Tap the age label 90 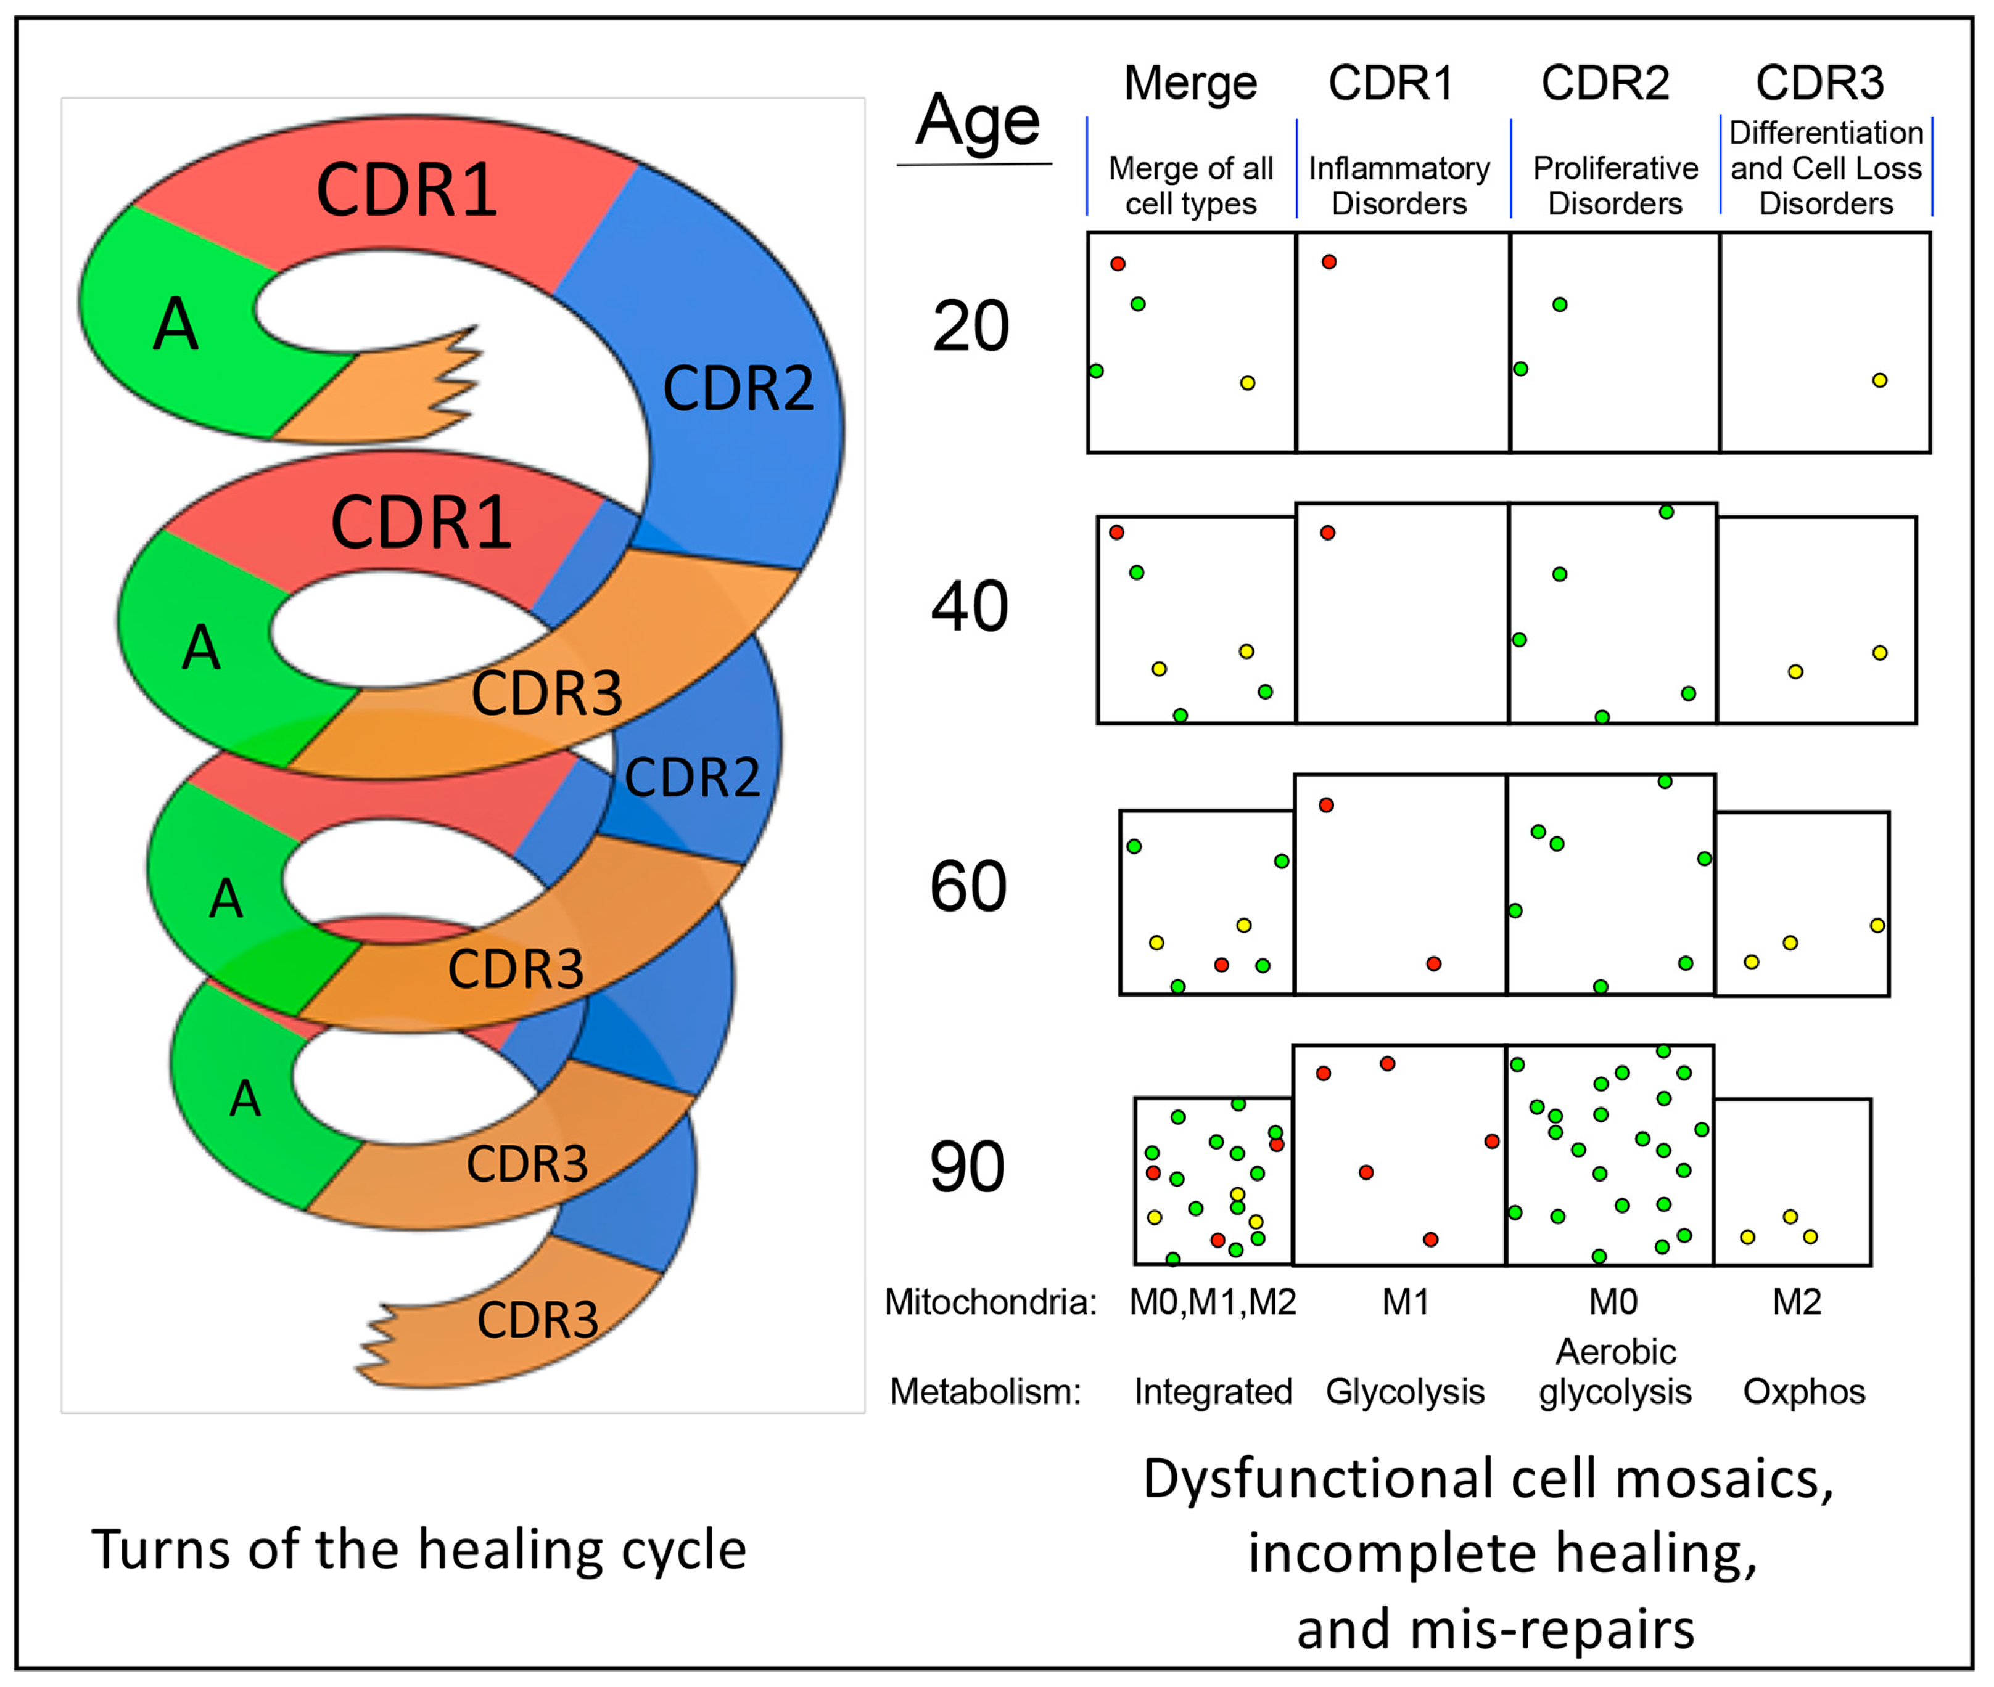[x=967, y=1167]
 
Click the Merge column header [x=1190, y=83]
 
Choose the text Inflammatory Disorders [x=1399, y=186]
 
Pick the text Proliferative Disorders [x=1615, y=186]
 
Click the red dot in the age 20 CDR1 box [x=1329, y=262]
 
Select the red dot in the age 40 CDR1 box [x=1327, y=533]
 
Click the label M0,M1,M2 [x=1213, y=1302]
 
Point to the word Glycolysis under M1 [x=1404, y=1392]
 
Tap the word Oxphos [x=1803, y=1392]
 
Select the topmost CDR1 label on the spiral [x=406, y=190]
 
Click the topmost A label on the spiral [x=176, y=325]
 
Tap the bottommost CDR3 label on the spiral [x=538, y=1321]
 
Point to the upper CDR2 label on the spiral [x=738, y=388]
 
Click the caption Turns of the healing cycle [x=419, y=1550]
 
